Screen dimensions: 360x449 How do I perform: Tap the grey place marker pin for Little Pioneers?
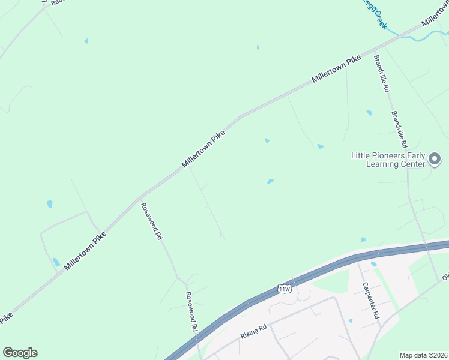click(x=435, y=160)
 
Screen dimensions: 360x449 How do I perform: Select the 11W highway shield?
click(x=285, y=289)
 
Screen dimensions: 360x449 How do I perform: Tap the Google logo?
click(x=20, y=353)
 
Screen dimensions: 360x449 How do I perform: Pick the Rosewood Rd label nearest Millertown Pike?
click(x=152, y=221)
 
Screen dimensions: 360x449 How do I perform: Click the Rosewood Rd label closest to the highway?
click(x=191, y=312)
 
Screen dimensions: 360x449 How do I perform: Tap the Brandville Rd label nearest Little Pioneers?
click(x=399, y=130)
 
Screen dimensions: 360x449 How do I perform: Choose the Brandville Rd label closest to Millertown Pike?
click(x=382, y=73)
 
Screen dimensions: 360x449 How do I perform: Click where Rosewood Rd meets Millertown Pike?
click(x=140, y=197)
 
